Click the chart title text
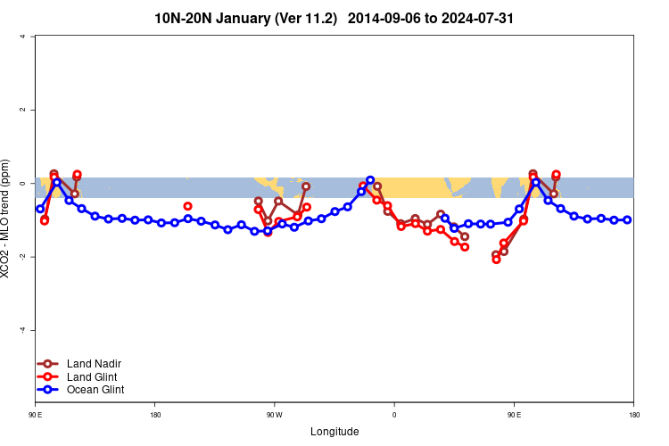click(x=334, y=18)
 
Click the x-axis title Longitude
click(x=334, y=432)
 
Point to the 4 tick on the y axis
click(x=33, y=37)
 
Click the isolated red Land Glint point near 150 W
click(x=188, y=206)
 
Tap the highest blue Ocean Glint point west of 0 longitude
click(x=370, y=180)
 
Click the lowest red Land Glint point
click(x=496, y=260)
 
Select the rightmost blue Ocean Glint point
click(x=627, y=219)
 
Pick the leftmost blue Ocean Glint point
click(x=40, y=209)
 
